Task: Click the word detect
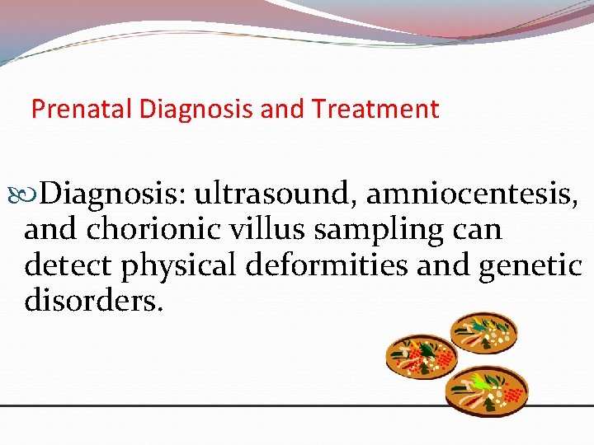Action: point(68,266)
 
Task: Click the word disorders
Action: point(93,301)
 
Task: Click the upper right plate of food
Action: point(483,331)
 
